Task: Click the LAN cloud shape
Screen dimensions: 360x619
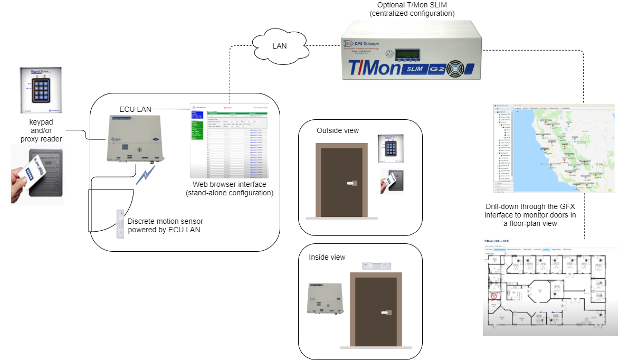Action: pos(279,46)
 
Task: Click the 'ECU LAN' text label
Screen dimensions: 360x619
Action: pos(135,109)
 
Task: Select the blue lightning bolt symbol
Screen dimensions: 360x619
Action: pos(145,175)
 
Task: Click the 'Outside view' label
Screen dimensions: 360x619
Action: pos(338,130)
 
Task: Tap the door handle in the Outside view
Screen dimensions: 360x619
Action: pos(351,183)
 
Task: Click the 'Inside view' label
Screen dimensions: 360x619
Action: pos(327,257)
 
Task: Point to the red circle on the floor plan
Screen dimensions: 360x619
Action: pos(494,296)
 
